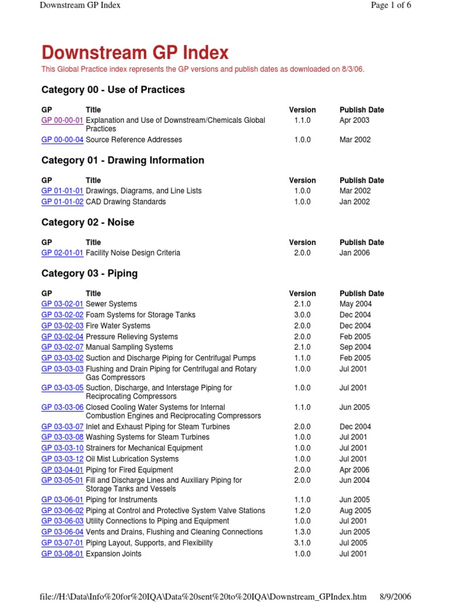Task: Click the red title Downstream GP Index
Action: pyautogui.click(x=135, y=53)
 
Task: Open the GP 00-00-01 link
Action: pyautogui.click(x=62, y=120)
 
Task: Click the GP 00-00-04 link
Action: pyautogui.click(x=62, y=140)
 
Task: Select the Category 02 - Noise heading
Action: pyautogui.click(x=87, y=222)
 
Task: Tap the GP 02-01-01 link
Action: pyautogui.click(x=62, y=253)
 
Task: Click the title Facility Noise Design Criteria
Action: pyautogui.click(x=133, y=253)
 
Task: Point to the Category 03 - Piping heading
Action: pyautogui.click(x=89, y=273)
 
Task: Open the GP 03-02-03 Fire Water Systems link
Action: pyautogui.click(x=62, y=326)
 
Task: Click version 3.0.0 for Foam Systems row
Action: pyautogui.click(x=302, y=315)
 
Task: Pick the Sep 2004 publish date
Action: pyautogui.click(x=355, y=347)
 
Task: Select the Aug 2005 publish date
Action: pyautogui.click(x=355, y=511)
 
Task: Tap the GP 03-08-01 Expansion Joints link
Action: pyautogui.click(x=62, y=554)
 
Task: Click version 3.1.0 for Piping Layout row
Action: pyautogui.click(x=302, y=543)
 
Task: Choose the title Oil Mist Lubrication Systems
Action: pyautogui.click(x=132, y=459)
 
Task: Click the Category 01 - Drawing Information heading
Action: pyautogui.click(x=123, y=160)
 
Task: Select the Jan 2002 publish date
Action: pyautogui.click(x=355, y=202)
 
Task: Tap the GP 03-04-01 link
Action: pyautogui.click(x=62, y=470)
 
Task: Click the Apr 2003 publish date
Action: pyautogui.click(x=355, y=120)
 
